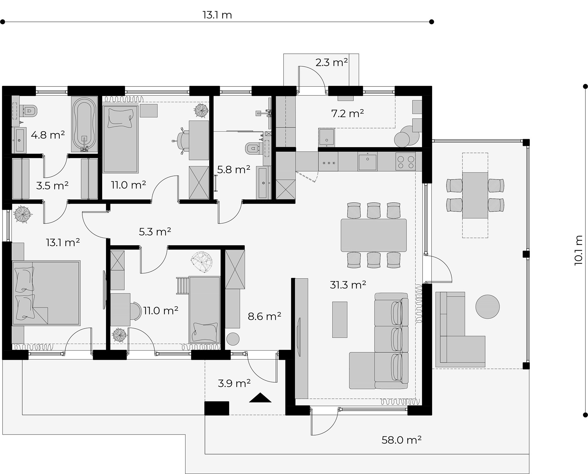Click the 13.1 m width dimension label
pyautogui.click(x=217, y=15)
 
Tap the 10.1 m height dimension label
pyautogui.click(x=578, y=250)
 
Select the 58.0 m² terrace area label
pyautogui.click(x=401, y=440)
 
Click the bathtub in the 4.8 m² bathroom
pyautogui.click(x=84, y=124)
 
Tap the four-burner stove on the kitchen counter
pyautogui.click(x=405, y=162)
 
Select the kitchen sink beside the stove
pyautogui.click(x=367, y=161)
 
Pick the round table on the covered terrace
pyautogui.click(x=488, y=306)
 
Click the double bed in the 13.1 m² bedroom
pyautogui.click(x=46, y=293)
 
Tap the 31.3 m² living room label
pyautogui.click(x=348, y=285)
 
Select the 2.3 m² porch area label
pyautogui.click(x=332, y=62)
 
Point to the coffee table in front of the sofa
pyautogui.click(x=340, y=320)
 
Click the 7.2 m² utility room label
pyautogui.click(x=348, y=113)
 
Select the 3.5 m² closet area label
pyautogui.click(x=52, y=186)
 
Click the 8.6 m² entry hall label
pyautogui.click(x=265, y=316)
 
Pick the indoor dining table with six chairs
pyautogui.click(x=374, y=235)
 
